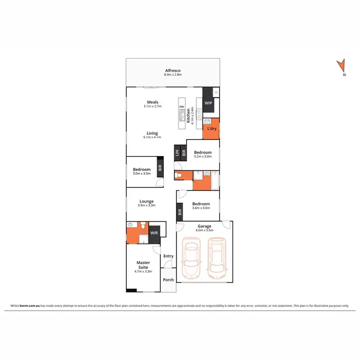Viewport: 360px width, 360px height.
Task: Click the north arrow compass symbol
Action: (x=341, y=67)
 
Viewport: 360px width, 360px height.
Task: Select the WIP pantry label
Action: (x=208, y=103)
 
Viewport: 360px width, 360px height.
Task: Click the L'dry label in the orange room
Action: (x=211, y=129)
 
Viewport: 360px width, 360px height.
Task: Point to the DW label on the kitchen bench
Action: (x=181, y=107)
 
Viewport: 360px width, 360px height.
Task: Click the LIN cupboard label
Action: (x=177, y=153)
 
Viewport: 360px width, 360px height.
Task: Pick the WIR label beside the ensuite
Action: (x=154, y=233)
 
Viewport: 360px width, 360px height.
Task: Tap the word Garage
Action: (x=204, y=226)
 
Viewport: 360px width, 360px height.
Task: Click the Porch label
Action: (x=168, y=280)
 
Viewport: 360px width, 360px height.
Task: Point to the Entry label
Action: (x=168, y=256)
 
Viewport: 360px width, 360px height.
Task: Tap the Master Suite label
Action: (x=143, y=264)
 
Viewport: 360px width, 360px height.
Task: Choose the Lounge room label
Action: (x=146, y=201)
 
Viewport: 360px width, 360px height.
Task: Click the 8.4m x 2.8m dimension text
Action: (x=173, y=75)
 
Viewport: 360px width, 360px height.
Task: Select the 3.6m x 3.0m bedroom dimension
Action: (x=201, y=209)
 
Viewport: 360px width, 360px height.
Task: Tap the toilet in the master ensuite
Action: (x=130, y=225)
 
